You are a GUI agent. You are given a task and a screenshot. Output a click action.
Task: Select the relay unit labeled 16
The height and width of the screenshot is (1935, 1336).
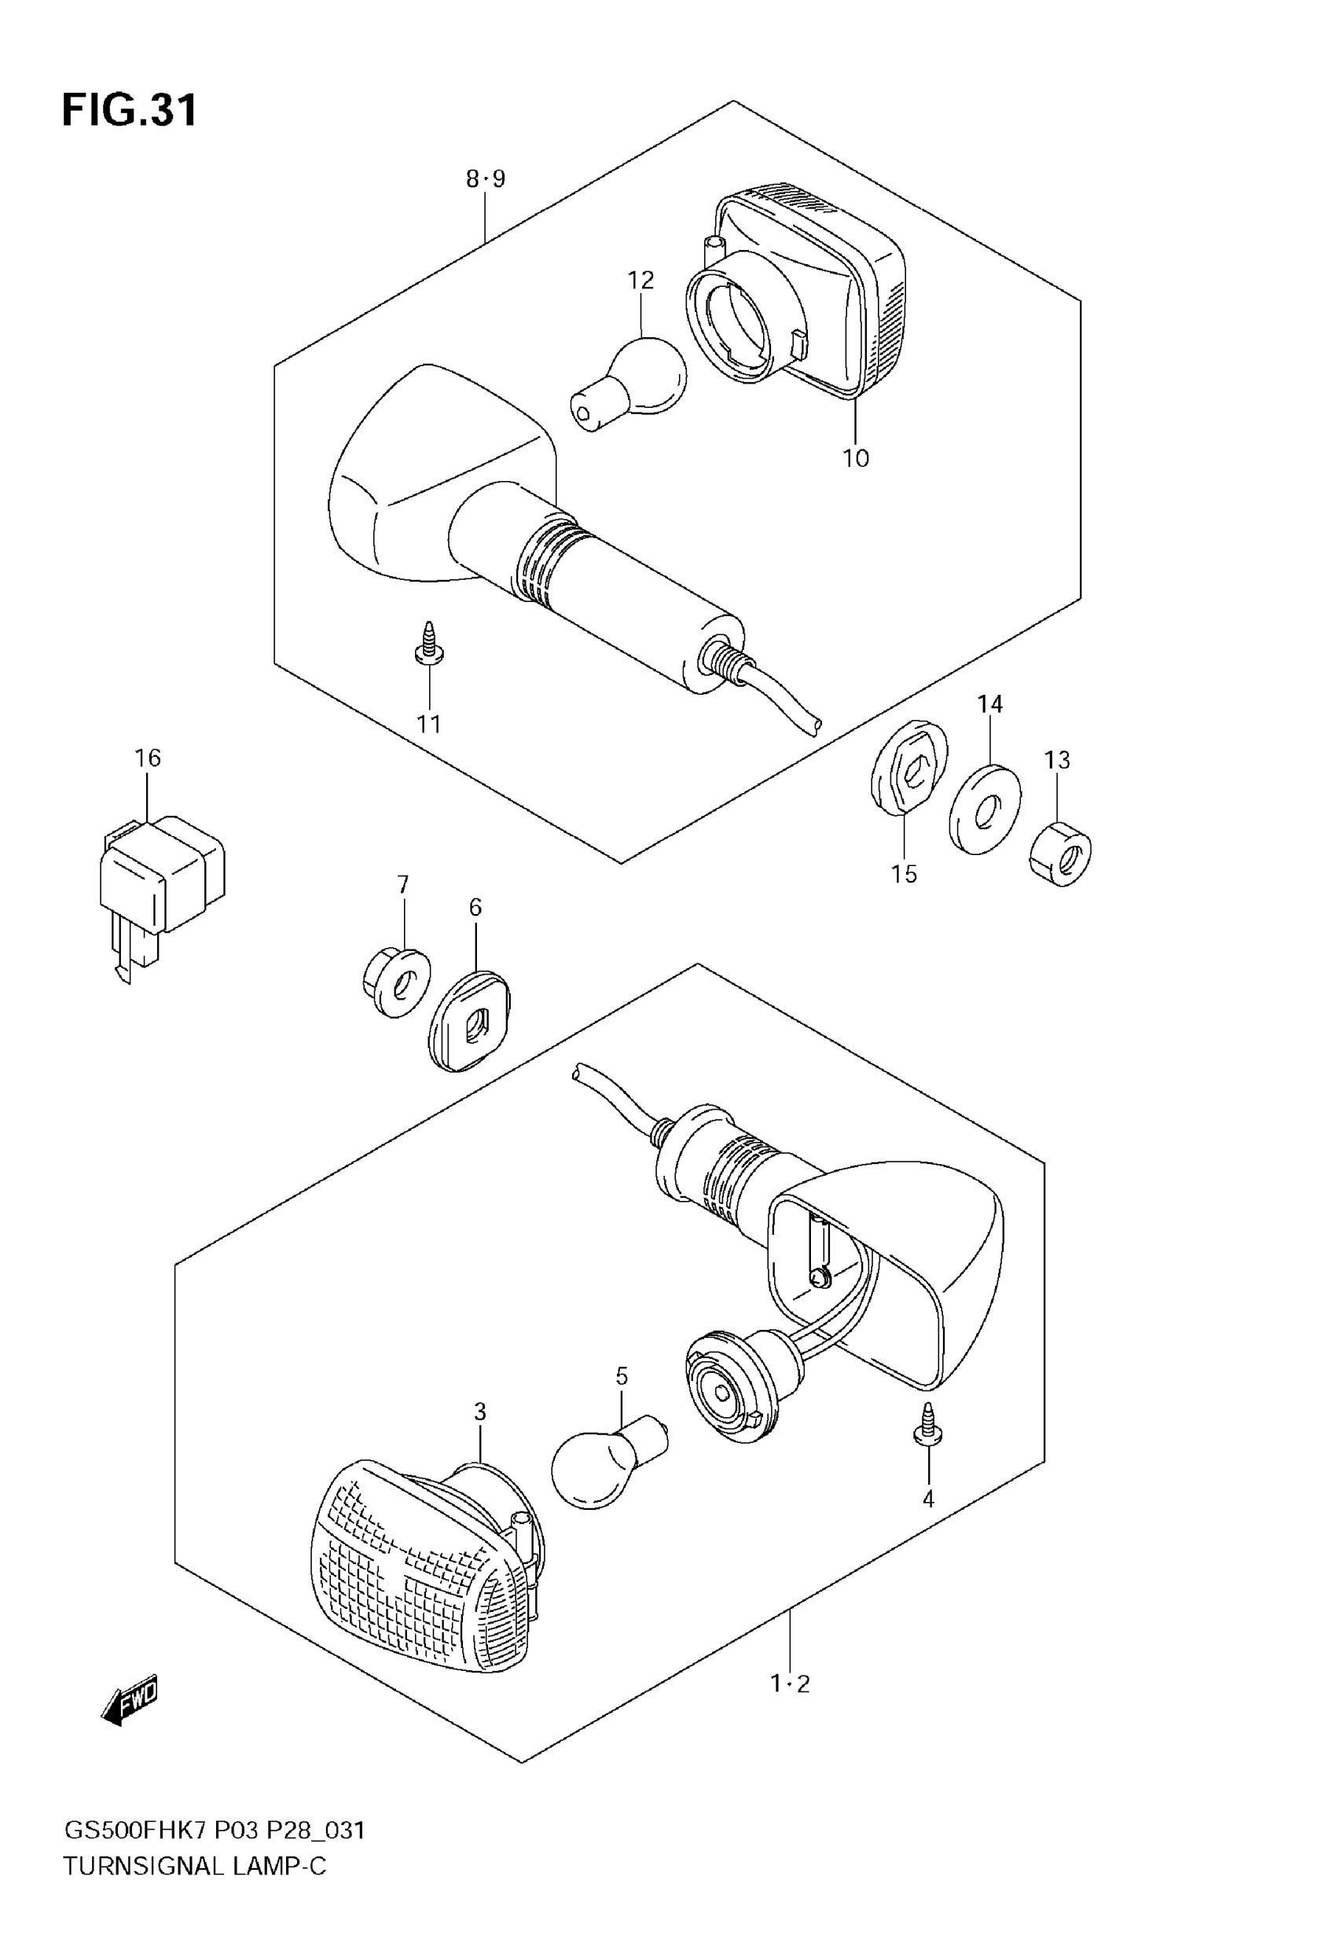161,879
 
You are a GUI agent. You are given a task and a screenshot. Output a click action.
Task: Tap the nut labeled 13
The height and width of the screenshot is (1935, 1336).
1059,854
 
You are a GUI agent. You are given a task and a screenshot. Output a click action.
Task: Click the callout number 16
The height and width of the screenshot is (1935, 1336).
147,758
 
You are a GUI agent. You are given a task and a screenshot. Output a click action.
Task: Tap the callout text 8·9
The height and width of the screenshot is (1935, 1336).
486,179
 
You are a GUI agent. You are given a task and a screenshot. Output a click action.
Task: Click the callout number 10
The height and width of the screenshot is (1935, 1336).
856,459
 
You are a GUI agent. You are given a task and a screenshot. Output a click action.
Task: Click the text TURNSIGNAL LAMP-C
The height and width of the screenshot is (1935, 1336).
194,1866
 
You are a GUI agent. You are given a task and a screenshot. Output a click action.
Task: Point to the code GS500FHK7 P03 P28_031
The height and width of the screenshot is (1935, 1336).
215,1830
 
